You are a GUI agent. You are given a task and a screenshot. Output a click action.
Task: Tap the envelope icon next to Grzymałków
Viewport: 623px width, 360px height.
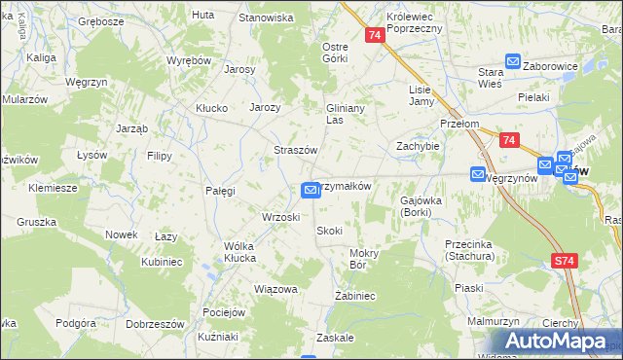(311, 190)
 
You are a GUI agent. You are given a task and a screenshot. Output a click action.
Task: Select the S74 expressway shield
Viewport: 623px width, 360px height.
(564, 262)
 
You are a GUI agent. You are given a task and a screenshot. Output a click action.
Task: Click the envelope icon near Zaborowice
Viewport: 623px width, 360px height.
(513, 61)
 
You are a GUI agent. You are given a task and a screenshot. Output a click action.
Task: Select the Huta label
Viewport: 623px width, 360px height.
(203, 15)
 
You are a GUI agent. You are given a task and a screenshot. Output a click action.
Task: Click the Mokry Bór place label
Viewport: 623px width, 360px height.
(363, 258)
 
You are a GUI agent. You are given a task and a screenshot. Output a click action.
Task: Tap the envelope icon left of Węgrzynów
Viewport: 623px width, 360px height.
(478, 174)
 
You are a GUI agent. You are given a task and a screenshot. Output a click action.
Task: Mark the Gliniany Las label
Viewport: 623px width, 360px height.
(345, 114)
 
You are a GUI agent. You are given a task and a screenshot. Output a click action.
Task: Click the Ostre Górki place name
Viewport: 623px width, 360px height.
(335, 52)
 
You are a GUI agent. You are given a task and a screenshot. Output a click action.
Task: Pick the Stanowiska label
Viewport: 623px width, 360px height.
(266, 18)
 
